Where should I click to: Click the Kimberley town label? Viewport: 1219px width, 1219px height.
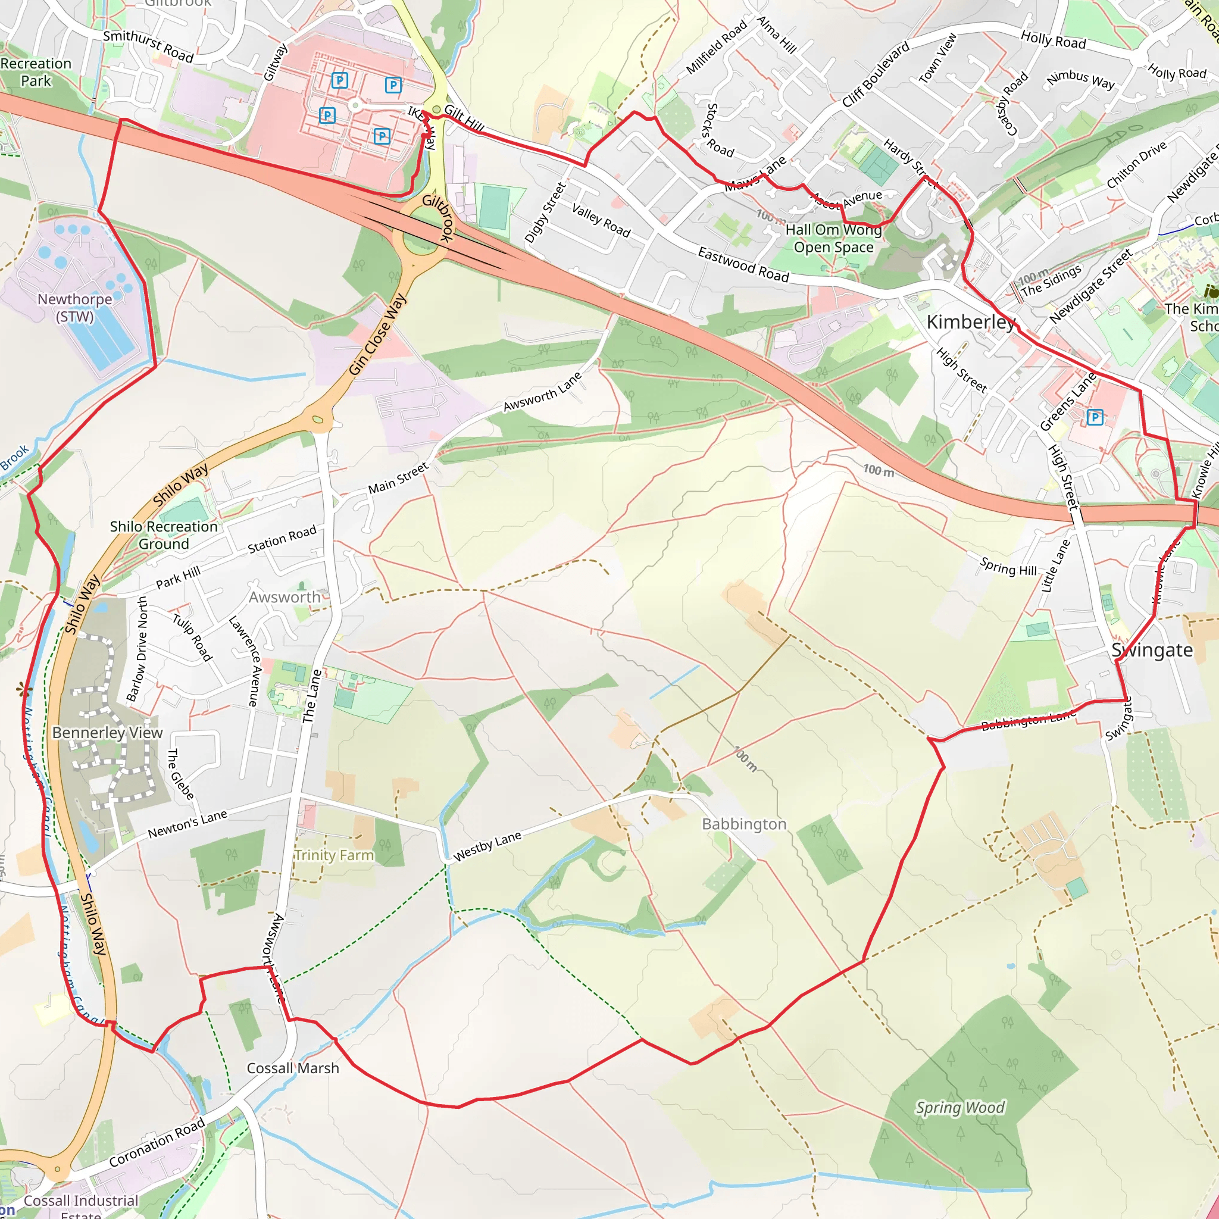[x=970, y=323]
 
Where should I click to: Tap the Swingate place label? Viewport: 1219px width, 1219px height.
[x=1152, y=651]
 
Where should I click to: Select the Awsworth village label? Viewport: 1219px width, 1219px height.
[x=285, y=597]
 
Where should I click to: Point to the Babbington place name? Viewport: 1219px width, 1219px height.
[x=744, y=824]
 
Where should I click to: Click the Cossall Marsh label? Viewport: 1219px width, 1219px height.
[x=293, y=1068]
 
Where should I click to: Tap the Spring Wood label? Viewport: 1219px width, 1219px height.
[x=960, y=1107]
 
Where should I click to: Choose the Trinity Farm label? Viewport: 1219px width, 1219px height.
[x=335, y=855]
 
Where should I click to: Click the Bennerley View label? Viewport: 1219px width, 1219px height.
[x=107, y=733]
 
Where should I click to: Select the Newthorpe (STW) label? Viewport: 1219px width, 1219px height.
[x=74, y=307]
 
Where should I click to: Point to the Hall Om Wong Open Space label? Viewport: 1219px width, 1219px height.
[x=833, y=239]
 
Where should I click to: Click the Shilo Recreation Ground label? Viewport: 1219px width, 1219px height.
[x=164, y=535]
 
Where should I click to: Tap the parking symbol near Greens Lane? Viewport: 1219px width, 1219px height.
[x=1095, y=417]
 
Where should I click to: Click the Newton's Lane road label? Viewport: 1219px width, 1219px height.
[x=187, y=824]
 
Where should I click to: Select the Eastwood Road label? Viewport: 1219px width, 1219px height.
[x=743, y=264]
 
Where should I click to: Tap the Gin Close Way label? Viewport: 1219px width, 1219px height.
[x=377, y=335]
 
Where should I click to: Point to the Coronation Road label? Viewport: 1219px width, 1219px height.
[x=157, y=1142]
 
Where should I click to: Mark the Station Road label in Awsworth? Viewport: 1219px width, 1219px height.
[x=282, y=540]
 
